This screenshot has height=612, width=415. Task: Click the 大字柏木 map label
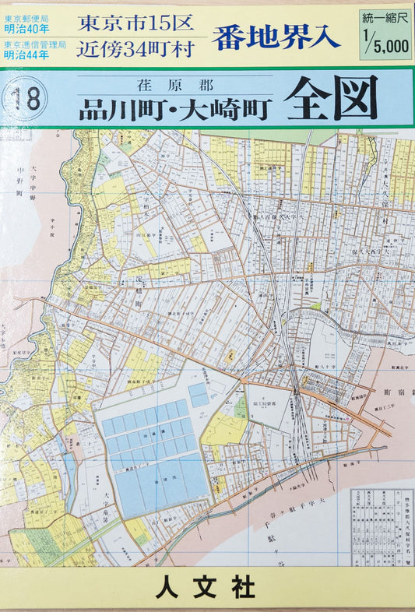click(x=146, y=199)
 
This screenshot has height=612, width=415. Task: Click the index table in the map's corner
click(x=382, y=526)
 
